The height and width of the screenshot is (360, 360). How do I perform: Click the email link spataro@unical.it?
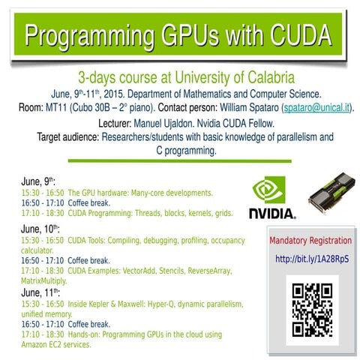coord(315,107)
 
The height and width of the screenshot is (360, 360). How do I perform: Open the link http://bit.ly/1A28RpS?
coord(311,259)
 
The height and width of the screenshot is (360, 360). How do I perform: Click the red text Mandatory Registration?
coord(310,241)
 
